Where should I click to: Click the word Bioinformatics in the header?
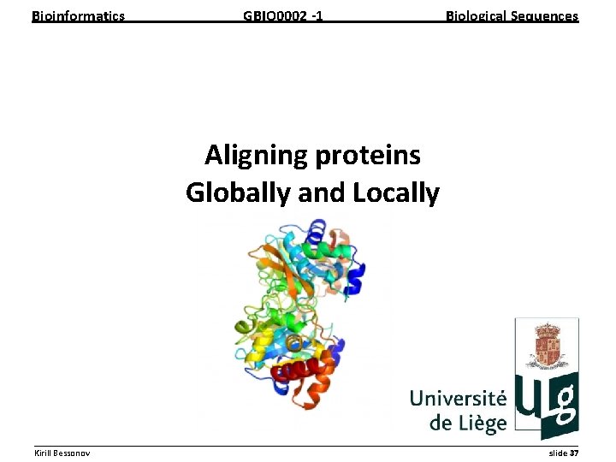point(78,15)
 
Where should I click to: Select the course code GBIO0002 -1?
point(282,15)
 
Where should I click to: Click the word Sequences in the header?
point(546,15)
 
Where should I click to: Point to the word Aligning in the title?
point(257,155)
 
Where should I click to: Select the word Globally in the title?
point(238,192)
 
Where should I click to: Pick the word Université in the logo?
point(458,399)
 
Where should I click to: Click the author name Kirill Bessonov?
point(62,453)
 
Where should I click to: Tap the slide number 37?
point(573,453)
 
